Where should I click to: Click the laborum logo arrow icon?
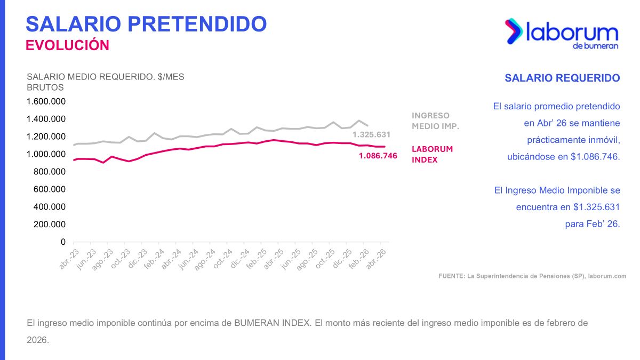pos(514,31)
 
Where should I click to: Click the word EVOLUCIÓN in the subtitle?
pos(67,45)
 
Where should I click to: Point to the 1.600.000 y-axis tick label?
pos(46,101)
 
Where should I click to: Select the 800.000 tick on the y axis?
pos(50,172)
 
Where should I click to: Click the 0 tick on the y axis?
pos(63,242)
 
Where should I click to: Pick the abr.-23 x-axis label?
pos(69,259)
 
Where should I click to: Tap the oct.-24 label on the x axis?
pos(222,259)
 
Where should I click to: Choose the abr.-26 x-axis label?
pos(376,259)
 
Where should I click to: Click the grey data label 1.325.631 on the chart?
pos(371,134)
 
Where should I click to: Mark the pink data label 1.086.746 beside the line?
pos(378,156)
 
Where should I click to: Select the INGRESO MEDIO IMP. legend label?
pos(435,121)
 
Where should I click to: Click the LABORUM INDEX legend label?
pos(432,154)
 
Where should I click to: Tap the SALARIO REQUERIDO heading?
pos(562,78)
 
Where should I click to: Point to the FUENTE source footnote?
pos(532,276)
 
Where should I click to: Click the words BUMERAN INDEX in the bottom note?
pos(273,323)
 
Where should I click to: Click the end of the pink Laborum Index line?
pos(385,147)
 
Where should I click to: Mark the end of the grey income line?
pos(367,125)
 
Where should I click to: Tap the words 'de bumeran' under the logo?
pos(595,46)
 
